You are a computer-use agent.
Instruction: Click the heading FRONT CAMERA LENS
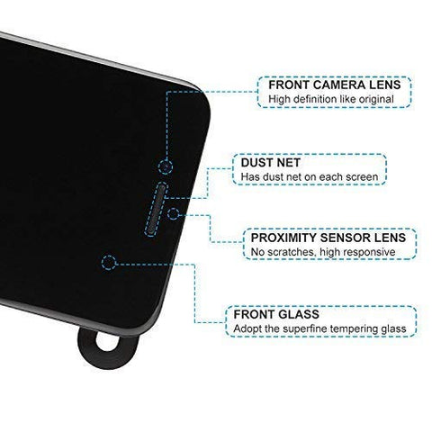[x=335, y=85]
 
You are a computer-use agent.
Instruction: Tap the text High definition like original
[x=331, y=99]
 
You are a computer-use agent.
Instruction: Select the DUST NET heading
[x=270, y=163]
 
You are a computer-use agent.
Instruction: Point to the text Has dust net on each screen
[x=310, y=177]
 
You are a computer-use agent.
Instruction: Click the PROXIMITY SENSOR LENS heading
[x=328, y=238]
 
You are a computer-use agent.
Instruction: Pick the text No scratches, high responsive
[x=323, y=252]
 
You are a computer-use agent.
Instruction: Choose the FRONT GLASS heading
[x=276, y=314]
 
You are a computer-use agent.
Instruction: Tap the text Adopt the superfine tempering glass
[x=319, y=329]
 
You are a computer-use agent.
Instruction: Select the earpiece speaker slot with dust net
[x=156, y=209]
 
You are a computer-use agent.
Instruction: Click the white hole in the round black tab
[x=107, y=342]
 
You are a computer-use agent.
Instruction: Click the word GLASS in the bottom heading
[x=298, y=314]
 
